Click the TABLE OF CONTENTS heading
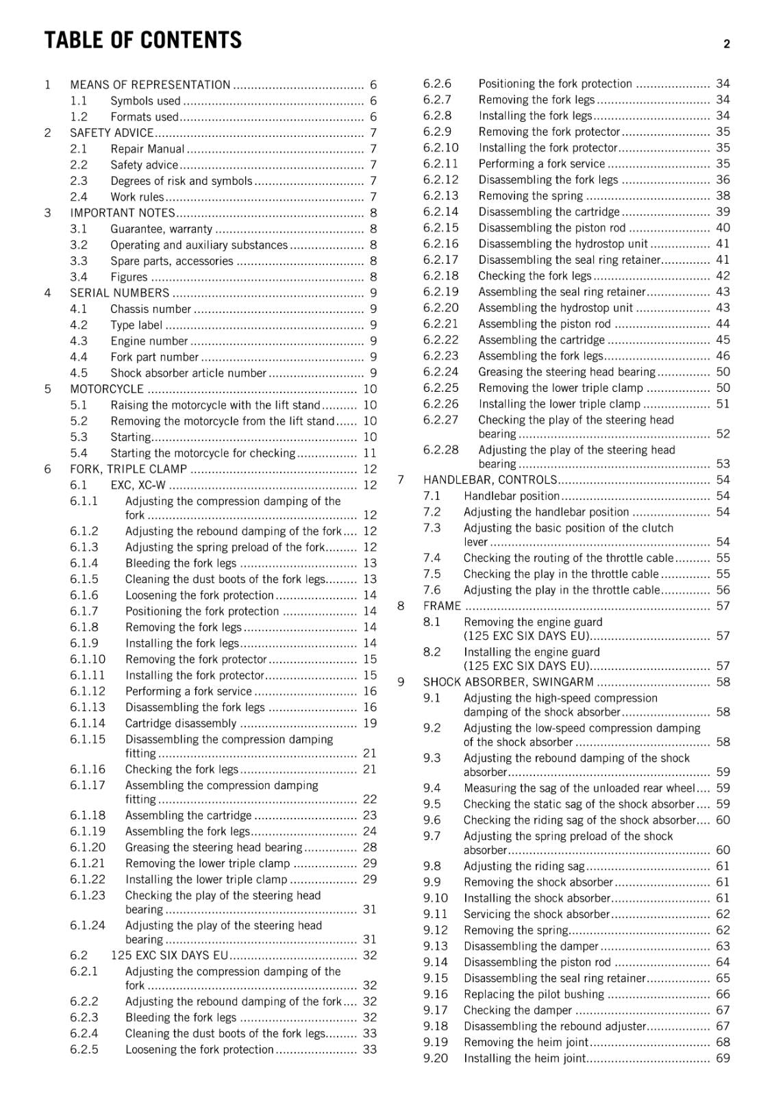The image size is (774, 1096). [x=142, y=40]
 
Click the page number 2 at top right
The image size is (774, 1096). [x=727, y=45]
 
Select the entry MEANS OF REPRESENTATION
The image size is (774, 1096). [x=150, y=85]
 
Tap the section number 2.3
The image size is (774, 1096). [x=79, y=181]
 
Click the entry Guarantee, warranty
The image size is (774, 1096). [x=161, y=229]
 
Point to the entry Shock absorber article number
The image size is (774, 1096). [x=188, y=373]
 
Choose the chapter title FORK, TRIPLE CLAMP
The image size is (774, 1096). [x=128, y=469]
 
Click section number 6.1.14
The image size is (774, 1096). [x=88, y=723]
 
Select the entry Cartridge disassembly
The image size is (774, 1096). [x=181, y=723]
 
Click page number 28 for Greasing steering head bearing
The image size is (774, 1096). [x=370, y=847]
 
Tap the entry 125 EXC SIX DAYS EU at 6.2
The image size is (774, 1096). [x=169, y=956]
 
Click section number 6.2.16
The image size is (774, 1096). [x=441, y=244]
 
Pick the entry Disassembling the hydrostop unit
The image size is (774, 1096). [x=563, y=244]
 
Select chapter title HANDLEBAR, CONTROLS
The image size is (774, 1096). [x=490, y=480]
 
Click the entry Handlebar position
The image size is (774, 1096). [x=512, y=496]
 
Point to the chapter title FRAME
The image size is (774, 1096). [x=442, y=606]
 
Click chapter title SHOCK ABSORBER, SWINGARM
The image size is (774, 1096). [x=508, y=682]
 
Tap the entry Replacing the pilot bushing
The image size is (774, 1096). [x=534, y=995]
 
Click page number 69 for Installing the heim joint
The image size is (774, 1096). [x=723, y=1058]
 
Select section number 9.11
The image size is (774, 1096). [x=435, y=914]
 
